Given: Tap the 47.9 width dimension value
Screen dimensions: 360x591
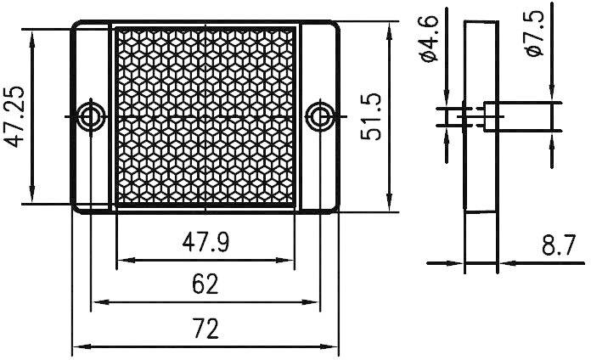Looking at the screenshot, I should (205, 243).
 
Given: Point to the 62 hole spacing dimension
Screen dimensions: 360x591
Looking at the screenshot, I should (205, 284).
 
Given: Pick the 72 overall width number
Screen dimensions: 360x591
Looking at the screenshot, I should (205, 328).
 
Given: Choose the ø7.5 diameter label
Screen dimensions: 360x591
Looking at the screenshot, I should (535, 38).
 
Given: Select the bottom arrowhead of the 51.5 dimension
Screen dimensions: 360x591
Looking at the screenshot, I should (391, 204).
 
